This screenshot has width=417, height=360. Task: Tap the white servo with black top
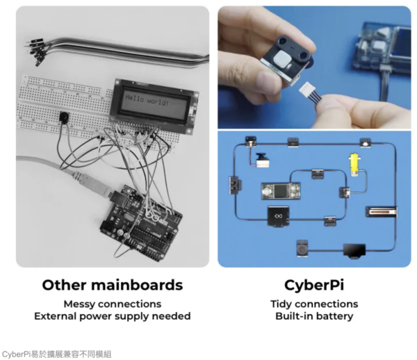(261, 158)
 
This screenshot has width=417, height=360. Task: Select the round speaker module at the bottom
(302, 247)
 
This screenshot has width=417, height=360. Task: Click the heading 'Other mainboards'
(112, 285)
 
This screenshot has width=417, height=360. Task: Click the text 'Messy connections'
(112, 304)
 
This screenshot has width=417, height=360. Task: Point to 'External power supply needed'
(112, 316)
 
